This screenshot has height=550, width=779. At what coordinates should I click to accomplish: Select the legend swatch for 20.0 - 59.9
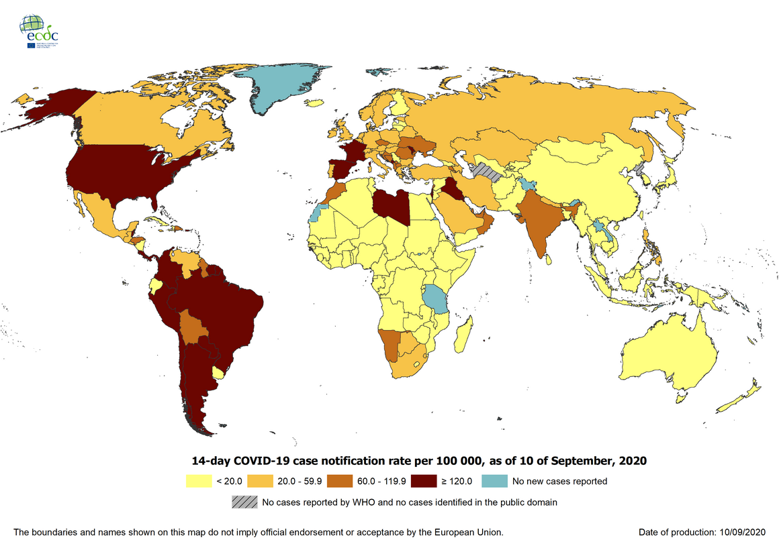coord(261,481)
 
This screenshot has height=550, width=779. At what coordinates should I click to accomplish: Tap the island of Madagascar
coord(463,335)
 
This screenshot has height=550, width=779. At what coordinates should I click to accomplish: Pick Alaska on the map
coord(50,107)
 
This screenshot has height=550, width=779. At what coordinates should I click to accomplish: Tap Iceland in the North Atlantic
coord(313,103)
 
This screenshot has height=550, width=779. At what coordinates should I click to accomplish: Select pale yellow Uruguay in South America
coord(218,372)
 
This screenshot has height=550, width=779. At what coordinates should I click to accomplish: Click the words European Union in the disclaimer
coord(464,532)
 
